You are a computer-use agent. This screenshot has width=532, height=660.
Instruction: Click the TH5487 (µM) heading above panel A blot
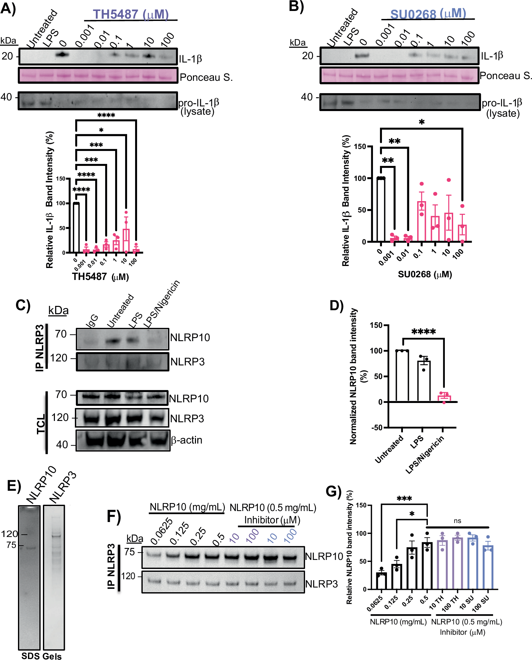(x=130, y=14)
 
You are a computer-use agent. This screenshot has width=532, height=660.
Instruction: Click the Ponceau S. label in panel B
(x=505, y=76)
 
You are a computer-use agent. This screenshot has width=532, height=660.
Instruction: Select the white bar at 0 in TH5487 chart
(x=76, y=228)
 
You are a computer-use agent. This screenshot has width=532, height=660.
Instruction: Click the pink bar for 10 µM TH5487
(x=126, y=241)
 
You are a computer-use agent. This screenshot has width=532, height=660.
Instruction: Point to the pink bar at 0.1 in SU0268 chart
(x=422, y=221)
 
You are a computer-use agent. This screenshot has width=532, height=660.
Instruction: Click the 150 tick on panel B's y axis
(x=360, y=147)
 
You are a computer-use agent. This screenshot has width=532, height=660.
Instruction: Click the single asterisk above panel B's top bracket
(x=422, y=122)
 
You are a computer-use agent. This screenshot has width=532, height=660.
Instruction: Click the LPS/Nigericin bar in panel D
(x=444, y=398)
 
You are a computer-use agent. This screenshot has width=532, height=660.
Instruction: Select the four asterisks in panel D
(x=423, y=331)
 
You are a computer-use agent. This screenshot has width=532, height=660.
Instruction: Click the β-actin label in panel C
(x=186, y=440)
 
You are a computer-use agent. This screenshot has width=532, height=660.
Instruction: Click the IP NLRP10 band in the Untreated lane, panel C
(x=113, y=341)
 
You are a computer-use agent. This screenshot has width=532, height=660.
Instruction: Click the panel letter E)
(x=14, y=486)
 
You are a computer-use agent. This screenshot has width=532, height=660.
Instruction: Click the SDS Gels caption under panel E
(x=41, y=656)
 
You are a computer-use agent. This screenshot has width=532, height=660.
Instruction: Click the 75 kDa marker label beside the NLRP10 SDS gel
(x=11, y=545)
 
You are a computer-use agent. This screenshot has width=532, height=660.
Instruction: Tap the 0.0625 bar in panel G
(x=381, y=581)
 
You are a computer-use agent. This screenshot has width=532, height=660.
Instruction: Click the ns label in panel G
(x=457, y=521)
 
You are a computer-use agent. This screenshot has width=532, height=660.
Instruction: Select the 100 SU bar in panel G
(x=488, y=567)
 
